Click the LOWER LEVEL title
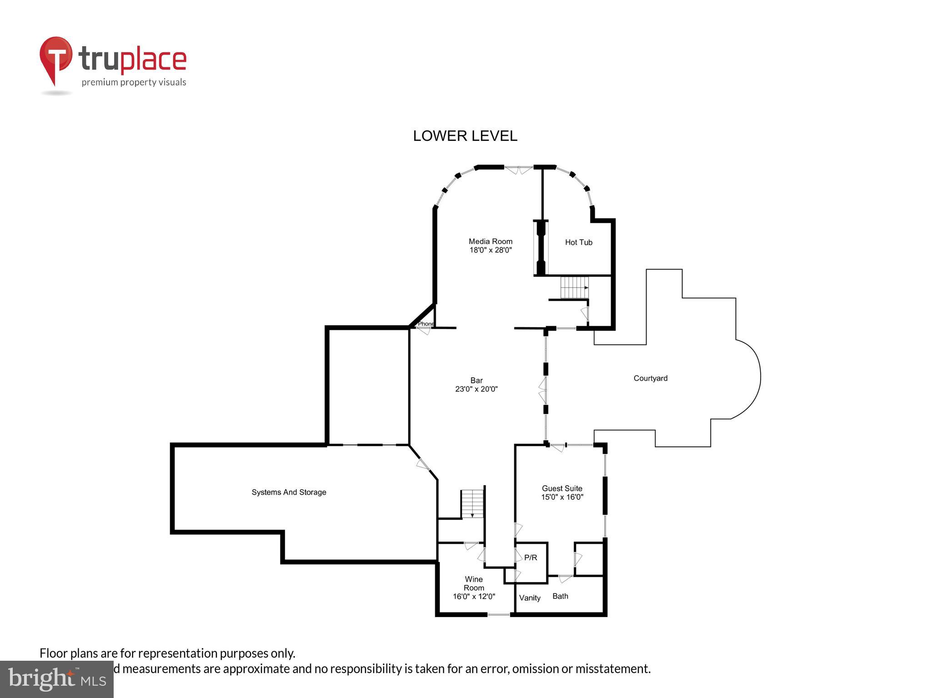465,136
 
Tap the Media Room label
491,241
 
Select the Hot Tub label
578,242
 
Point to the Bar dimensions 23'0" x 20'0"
476,389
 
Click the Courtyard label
650,378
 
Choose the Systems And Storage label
289,492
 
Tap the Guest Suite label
562,489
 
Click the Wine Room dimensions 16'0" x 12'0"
474,596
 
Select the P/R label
531,558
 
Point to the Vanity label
530,598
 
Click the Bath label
560,596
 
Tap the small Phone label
426,324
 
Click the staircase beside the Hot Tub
574,287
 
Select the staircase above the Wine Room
472,504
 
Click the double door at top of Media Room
518,170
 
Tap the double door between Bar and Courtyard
543,390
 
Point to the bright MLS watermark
56,679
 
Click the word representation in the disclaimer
178,653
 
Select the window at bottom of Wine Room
499,614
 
